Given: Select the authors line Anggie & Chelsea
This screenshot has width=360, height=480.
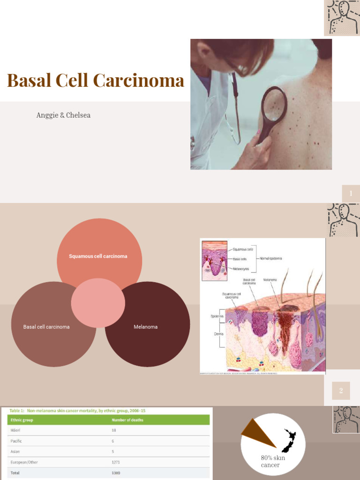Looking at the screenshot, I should (x=63, y=115).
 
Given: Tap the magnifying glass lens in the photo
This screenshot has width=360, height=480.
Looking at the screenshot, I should (x=274, y=104).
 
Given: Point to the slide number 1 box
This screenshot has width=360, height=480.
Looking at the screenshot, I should (x=350, y=194).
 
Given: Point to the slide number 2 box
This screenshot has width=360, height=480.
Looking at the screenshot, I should (x=341, y=390).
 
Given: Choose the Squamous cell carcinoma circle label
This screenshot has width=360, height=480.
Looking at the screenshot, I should (x=98, y=256).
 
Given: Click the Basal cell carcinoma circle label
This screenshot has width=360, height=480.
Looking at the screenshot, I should (x=46, y=327).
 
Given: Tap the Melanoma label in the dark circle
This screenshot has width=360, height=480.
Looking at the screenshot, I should (x=145, y=327).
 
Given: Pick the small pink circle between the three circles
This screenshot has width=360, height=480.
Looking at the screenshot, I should (x=98, y=303).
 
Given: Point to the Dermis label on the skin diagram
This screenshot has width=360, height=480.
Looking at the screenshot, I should (x=212, y=334).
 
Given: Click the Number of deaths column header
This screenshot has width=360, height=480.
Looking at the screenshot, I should (x=127, y=420).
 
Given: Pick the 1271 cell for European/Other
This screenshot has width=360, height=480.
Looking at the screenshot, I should (x=116, y=462).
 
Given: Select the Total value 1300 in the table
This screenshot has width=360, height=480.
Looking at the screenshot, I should (x=116, y=473).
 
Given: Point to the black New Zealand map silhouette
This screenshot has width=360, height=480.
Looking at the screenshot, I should (x=289, y=441).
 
